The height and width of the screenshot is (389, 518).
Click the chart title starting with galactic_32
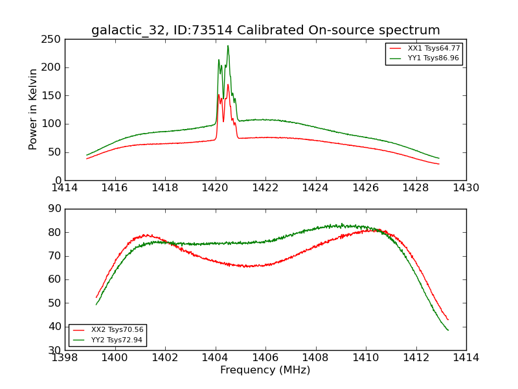(265, 30)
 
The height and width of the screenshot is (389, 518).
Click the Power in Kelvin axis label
(33, 110)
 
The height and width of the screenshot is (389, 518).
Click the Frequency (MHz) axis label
(265, 370)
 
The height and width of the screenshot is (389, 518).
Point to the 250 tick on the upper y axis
(53, 40)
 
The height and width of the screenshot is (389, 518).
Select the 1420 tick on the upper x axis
(216, 188)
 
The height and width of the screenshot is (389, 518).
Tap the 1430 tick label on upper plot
(466, 188)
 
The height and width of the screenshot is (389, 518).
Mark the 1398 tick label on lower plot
(65, 357)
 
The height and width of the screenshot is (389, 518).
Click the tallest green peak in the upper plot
(228, 45)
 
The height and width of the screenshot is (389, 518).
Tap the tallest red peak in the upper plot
(228, 84)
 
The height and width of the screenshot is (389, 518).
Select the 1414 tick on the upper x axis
(65, 188)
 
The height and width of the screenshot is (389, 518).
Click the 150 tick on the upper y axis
(53, 96)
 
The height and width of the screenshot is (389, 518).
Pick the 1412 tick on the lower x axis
(416, 357)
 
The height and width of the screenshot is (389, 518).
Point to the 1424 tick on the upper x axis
(316, 188)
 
